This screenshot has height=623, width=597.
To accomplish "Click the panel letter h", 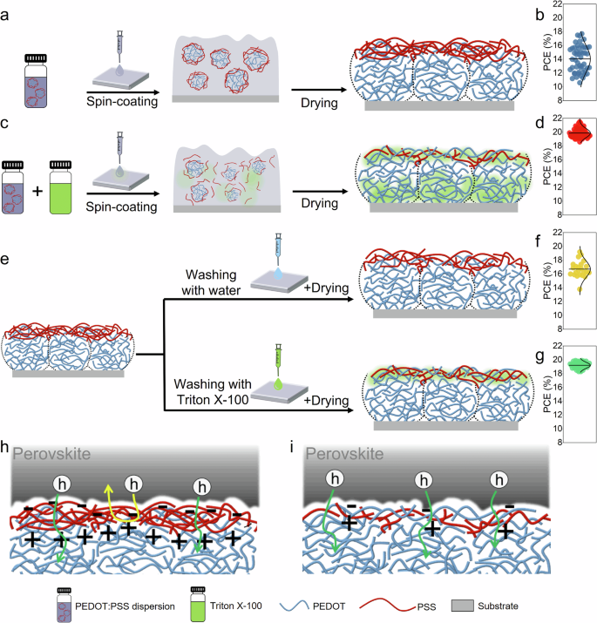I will [7, 446].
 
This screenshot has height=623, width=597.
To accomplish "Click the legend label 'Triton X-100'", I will [265, 603].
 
